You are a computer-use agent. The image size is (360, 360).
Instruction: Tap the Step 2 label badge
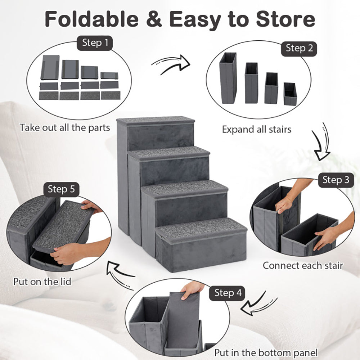(x=299, y=48)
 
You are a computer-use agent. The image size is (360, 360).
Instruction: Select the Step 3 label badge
(x=336, y=180)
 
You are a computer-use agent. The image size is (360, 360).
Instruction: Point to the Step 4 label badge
(x=228, y=293)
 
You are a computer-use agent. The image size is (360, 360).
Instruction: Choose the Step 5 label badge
(x=62, y=189)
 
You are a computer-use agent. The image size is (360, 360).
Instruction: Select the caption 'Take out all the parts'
(x=65, y=128)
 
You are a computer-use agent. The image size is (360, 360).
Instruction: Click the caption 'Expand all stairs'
(x=256, y=129)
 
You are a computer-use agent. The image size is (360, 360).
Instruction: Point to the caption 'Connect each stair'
(x=302, y=266)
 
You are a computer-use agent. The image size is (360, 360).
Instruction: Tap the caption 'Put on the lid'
(x=42, y=281)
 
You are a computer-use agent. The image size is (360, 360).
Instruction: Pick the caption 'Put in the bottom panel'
(x=266, y=352)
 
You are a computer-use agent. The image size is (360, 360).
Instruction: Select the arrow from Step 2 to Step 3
(x=320, y=143)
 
